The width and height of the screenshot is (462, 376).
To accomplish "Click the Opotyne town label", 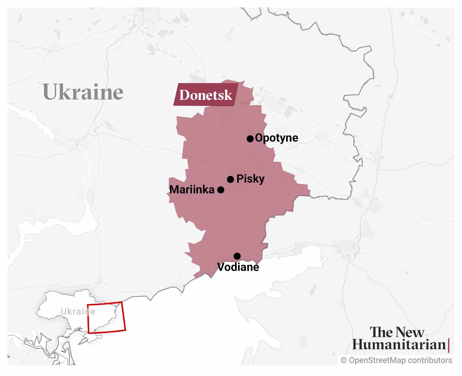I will (276, 138).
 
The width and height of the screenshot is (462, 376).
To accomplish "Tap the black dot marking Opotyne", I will (250, 139).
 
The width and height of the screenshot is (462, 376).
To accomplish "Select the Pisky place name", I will (250, 179).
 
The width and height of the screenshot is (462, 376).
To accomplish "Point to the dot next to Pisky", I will (230, 179).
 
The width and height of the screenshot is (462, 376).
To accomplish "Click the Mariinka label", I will (192, 190).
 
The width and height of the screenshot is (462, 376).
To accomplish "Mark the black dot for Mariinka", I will (221, 190).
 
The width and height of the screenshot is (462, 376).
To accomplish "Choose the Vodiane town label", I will (238, 267).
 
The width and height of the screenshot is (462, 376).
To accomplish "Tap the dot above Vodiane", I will (237, 256).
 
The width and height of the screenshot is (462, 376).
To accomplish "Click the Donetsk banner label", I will (206, 95).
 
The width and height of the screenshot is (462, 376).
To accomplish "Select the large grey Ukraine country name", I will (83, 92).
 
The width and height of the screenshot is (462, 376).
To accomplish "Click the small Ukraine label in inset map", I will (78, 312).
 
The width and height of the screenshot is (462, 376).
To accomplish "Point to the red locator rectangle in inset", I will (106, 303).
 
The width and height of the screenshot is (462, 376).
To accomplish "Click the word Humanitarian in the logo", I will (399, 345).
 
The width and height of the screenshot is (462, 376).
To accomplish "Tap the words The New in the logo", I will (397, 332).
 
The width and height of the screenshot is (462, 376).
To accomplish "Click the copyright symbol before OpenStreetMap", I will (344, 360).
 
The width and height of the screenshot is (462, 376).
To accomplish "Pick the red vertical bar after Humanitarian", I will (449, 345).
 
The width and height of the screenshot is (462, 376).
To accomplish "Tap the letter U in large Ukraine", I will (51, 92).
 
